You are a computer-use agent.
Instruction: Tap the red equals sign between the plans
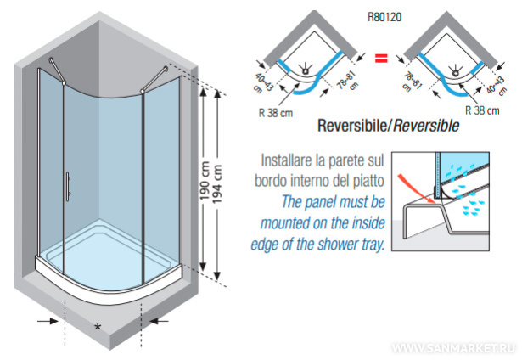point(382,59)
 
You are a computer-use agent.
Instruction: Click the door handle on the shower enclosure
point(69,183)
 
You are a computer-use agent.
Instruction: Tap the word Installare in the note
point(290,159)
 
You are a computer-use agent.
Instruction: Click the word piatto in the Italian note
point(369,180)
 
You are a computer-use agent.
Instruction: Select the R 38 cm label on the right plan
point(486,110)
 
